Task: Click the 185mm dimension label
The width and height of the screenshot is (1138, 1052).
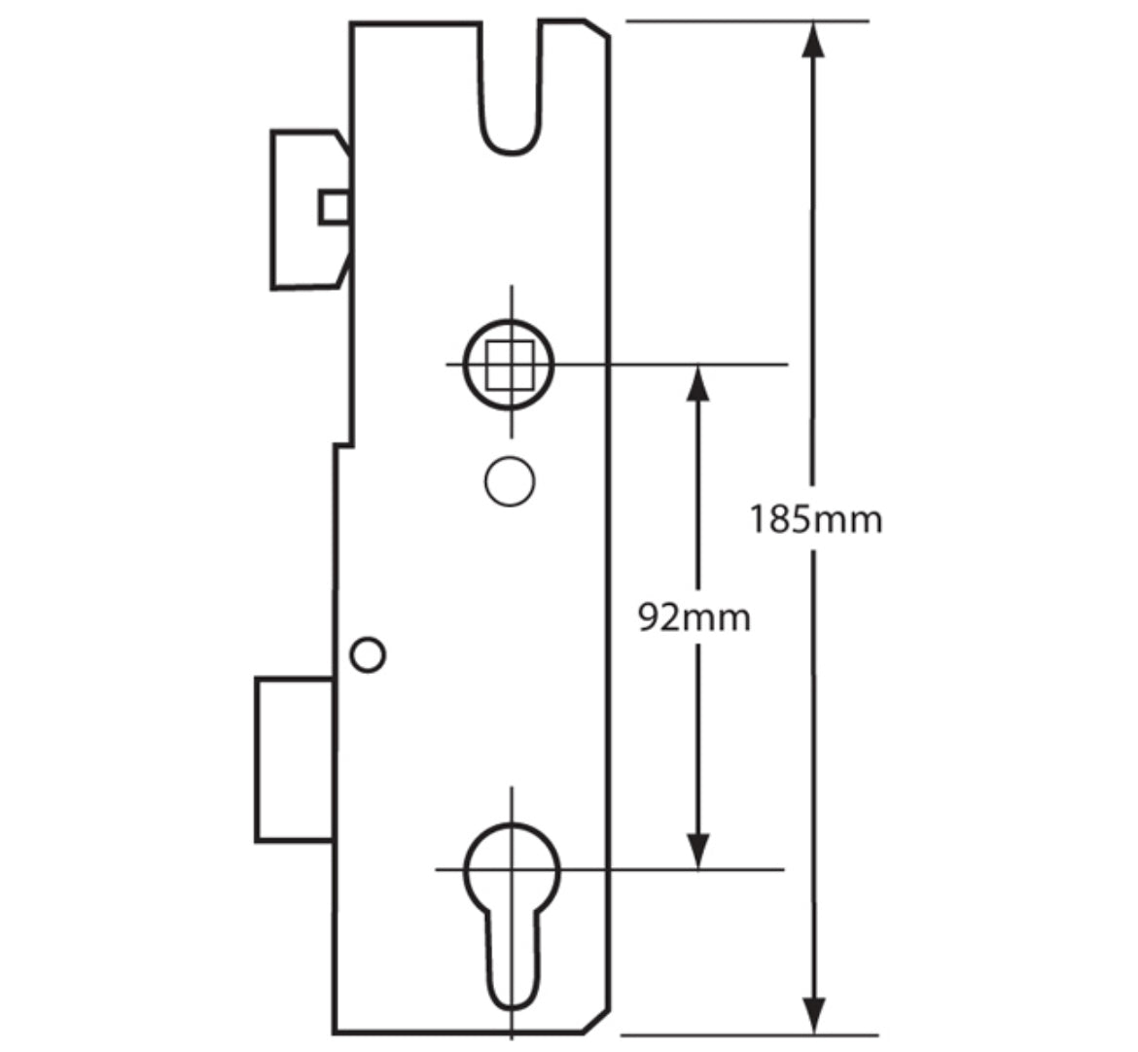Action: (815, 519)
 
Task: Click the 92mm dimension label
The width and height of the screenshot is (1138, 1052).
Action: (694, 617)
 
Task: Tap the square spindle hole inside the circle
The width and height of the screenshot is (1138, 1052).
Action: (510, 364)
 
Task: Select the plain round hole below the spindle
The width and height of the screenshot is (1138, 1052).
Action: (510, 480)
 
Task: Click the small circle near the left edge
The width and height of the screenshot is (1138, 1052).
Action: (368, 655)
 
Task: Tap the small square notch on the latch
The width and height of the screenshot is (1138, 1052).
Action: (336, 207)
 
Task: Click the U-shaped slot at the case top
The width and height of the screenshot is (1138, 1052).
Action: (511, 97)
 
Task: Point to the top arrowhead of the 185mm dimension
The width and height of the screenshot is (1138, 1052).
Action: (814, 43)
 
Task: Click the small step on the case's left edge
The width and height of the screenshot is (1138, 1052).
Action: (342, 445)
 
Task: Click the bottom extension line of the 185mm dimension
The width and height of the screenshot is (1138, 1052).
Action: (749, 1035)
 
